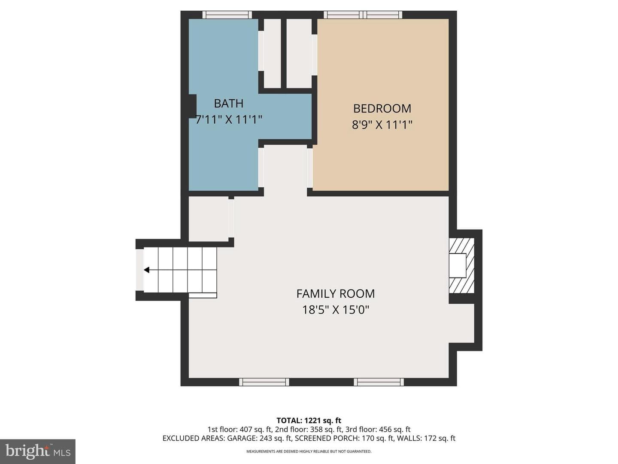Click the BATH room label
pos(228,104)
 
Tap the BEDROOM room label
pos(382,108)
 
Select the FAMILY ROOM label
pos(336,294)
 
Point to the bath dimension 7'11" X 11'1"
pos(229,120)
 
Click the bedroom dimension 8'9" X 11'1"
pos(382,125)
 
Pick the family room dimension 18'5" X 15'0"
pos(336,310)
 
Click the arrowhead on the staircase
pos(146,270)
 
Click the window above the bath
pos(227,15)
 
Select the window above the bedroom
pos(363,15)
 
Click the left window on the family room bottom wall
pos(264,382)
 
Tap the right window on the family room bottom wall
pos(379,382)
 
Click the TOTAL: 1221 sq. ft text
pos(309,421)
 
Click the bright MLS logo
pos(38,451)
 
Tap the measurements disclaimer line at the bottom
pos(309,451)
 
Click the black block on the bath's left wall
pos(193,106)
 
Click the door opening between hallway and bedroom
pos(310,168)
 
